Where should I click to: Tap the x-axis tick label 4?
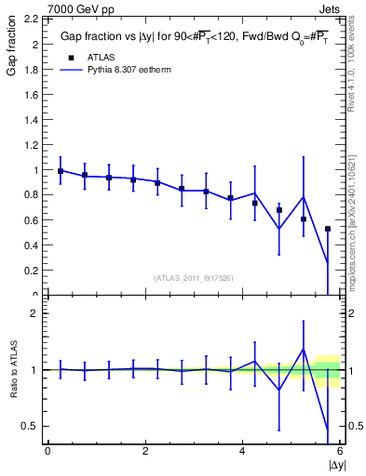point(242,451)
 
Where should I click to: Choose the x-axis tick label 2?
point(145,451)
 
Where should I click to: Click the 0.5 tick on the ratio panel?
point(30,426)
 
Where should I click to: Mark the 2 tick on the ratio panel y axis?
point(35,313)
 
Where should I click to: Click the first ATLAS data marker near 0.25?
point(61,171)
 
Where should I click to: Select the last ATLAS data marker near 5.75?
point(328,229)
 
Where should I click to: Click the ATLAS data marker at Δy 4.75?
point(279,210)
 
